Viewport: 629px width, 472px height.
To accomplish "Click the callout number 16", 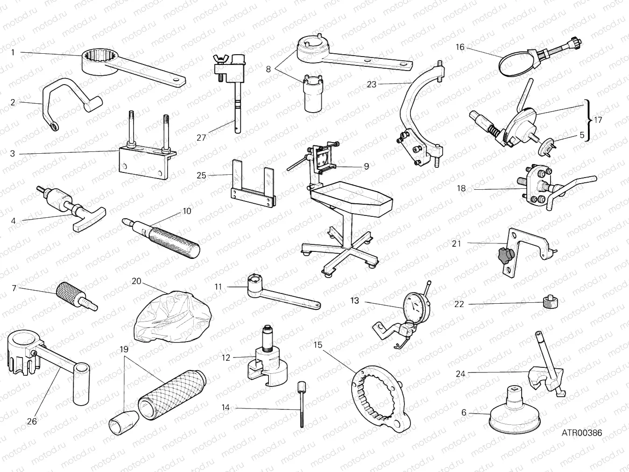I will (460, 47).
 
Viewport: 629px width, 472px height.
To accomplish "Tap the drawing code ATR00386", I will (581, 433).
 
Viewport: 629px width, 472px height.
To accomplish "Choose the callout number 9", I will (367, 166).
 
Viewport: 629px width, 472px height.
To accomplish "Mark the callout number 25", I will (201, 176).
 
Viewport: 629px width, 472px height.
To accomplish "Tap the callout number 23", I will (372, 85).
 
